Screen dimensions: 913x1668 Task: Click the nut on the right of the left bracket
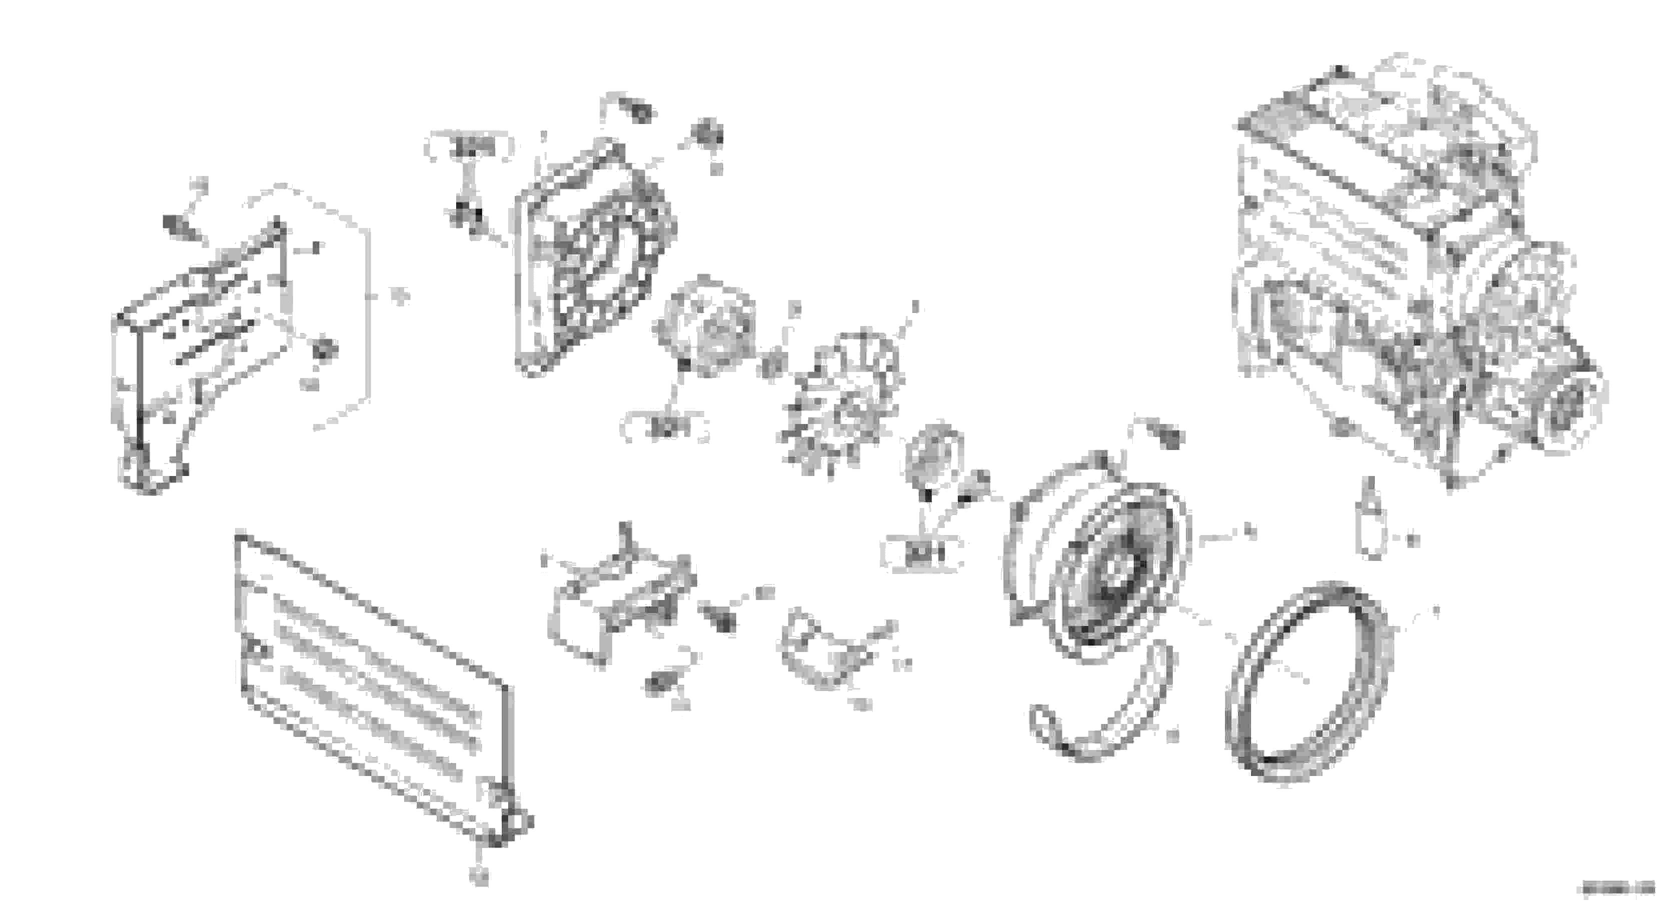324,349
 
